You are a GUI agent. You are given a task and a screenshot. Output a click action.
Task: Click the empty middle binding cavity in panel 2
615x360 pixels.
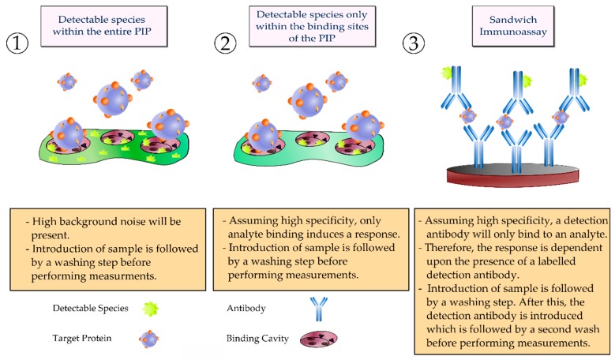[313, 138]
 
